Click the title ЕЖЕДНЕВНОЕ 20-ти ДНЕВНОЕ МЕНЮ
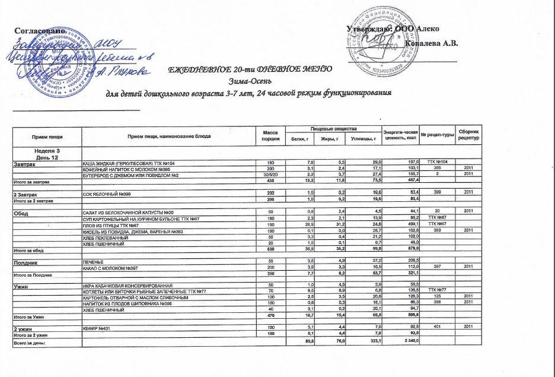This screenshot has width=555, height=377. [250, 69]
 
